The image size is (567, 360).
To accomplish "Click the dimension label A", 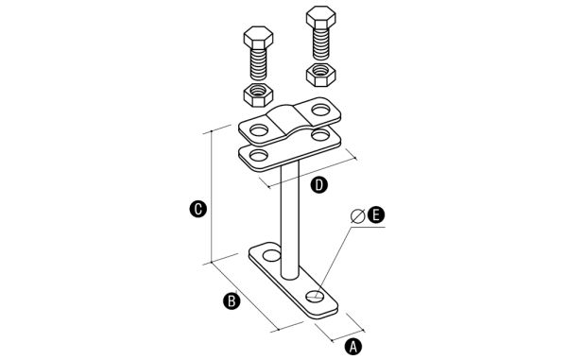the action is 353,346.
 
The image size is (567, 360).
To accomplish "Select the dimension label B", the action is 232,300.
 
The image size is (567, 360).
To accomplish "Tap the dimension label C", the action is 198,209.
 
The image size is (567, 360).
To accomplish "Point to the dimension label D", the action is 319,184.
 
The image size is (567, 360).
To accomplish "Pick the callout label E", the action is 376,214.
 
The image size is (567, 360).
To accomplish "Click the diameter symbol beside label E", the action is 357,216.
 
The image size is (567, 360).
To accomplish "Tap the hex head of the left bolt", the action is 258,38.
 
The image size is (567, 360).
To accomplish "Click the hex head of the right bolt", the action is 320,18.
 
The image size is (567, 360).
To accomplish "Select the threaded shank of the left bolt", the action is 258,64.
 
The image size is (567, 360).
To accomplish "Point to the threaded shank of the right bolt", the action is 320,44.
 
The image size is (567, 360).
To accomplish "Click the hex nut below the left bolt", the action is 258,94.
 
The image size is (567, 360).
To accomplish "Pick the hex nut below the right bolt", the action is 320,75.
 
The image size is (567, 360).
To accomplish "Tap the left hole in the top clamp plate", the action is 259,129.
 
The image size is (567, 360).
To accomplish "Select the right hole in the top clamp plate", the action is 320,110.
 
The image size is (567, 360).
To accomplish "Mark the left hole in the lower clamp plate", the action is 259,155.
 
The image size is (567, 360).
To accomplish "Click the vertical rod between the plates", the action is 290,220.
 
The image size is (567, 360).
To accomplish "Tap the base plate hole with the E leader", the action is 316,296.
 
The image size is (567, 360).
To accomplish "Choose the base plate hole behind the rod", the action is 271,255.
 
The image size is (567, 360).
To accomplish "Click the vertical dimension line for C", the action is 211,197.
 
